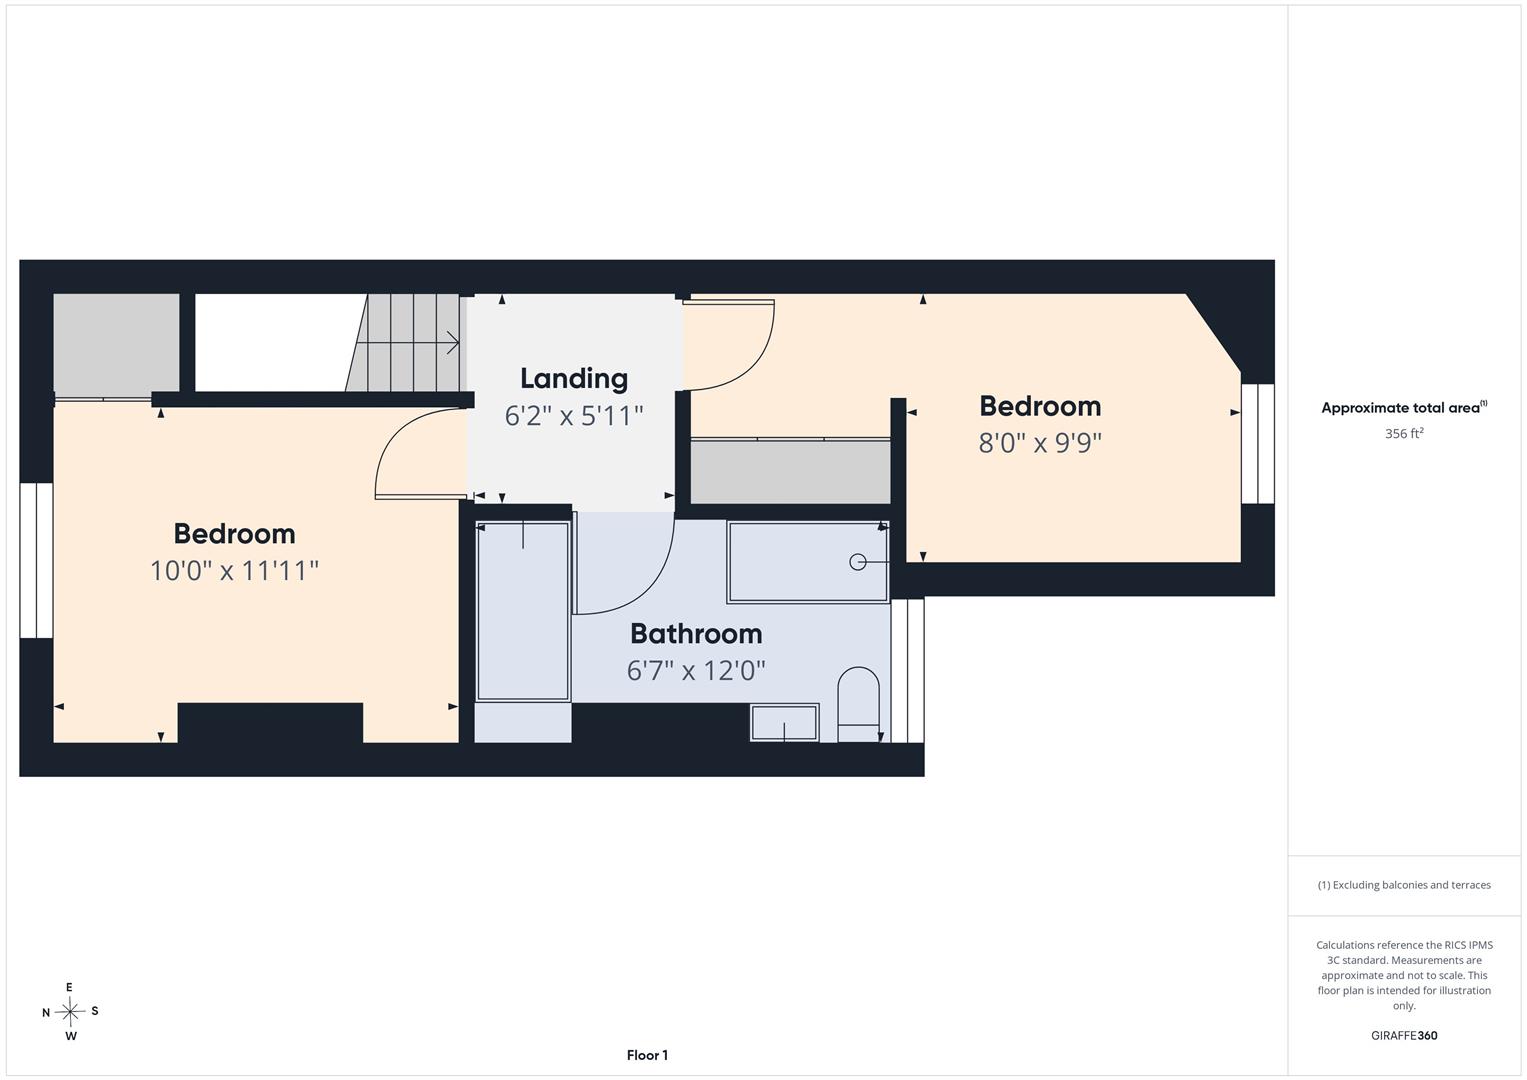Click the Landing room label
tap(573, 379)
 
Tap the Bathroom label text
tap(696, 633)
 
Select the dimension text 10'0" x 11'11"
tap(235, 570)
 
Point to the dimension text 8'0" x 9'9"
tap(1040, 442)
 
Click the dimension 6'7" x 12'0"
tap(696, 670)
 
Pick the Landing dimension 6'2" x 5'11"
tap(573, 415)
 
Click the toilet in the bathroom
tap(858, 704)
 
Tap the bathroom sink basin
tap(784, 723)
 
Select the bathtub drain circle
tap(858, 562)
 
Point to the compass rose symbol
tap(70, 1011)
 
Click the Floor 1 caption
tap(647, 1055)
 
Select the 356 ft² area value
tap(1404, 433)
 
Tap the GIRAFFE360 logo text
tap(1404, 1035)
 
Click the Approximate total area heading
tap(1404, 407)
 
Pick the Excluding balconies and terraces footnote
tap(1404, 885)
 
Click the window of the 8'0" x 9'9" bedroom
tap(1258, 444)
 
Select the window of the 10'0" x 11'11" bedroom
tap(36, 560)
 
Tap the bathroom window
tap(907, 671)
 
